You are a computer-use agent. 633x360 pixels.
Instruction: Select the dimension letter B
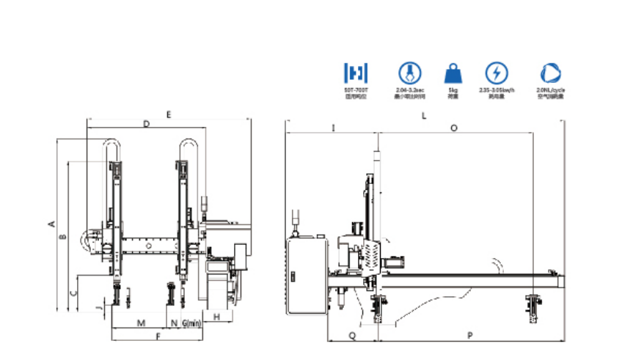click(63, 236)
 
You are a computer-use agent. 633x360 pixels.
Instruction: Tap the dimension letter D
click(146, 125)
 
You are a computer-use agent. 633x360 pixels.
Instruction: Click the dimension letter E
click(168, 114)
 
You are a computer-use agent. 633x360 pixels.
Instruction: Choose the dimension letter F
click(157, 337)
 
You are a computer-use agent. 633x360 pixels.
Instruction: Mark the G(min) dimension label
click(191, 323)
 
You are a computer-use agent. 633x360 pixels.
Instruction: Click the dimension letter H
click(218, 316)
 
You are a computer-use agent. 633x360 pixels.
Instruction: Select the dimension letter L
click(424, 116)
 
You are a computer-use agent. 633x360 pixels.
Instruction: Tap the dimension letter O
click(454, 127)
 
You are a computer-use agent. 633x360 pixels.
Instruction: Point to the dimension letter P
click(469, 335)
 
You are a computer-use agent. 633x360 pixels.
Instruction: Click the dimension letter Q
click(352, 335)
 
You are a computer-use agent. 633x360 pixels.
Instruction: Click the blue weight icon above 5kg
click(451, 73)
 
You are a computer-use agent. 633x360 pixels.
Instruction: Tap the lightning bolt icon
click(496, 73)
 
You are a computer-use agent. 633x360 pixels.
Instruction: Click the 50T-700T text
click(355, 89)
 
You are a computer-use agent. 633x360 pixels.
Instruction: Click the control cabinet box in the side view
click(307, 275)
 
